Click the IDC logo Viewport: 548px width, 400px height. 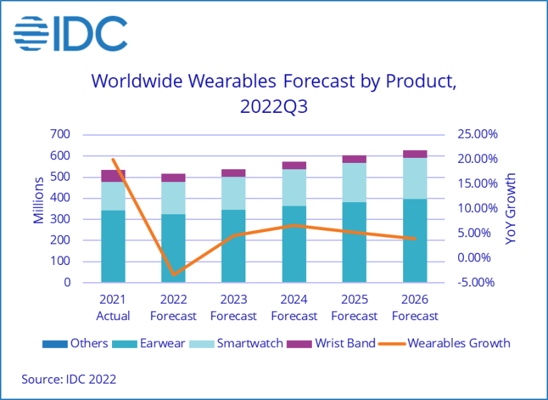point(70,33)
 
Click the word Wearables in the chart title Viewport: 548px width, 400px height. point(229,81)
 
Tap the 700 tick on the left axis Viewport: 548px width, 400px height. point(61,134)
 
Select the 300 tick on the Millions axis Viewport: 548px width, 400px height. point(61,219)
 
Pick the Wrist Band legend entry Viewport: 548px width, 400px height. point(331,344)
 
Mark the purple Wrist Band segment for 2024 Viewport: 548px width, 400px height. point(294,165)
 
